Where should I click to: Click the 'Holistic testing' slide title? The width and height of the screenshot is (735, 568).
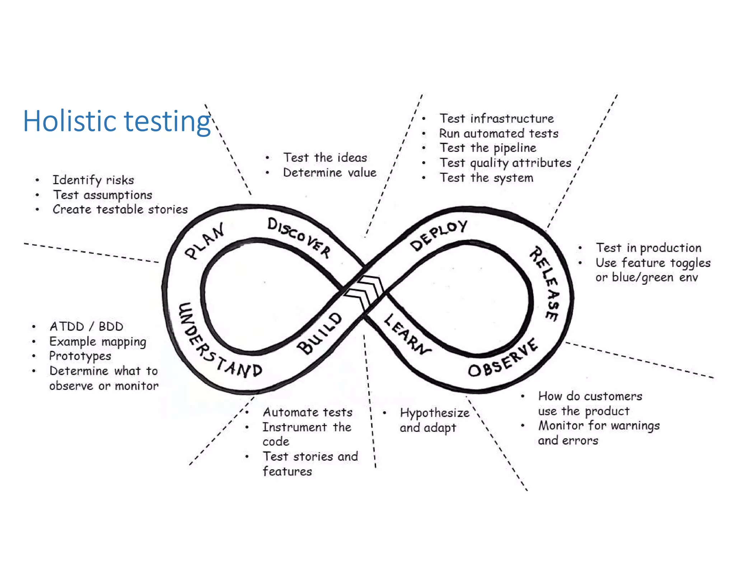click(117, 121)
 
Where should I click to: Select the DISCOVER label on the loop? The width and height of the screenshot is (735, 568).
click(299, 237)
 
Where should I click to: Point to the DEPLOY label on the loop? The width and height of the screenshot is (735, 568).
click(439, 235)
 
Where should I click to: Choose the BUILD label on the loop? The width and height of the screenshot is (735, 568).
click(319, 333)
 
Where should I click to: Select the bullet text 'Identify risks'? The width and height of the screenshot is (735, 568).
click(93, 180)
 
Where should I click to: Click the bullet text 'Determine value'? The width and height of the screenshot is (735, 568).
click(329, 173)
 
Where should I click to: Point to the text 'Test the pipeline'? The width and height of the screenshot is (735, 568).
click(488, 148)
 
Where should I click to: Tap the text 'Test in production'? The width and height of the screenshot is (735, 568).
click(649, 248)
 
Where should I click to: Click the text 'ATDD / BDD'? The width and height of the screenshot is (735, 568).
click(86, 326)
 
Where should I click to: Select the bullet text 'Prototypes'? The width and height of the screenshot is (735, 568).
click(80, 356)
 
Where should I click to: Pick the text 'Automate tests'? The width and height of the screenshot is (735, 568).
click(308, 412)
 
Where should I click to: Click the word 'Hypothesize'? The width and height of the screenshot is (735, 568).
click(435, 413)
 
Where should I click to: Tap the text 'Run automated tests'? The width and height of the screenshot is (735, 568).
click(499, 134)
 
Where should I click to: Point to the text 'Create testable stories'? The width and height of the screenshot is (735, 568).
click(120, 209)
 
